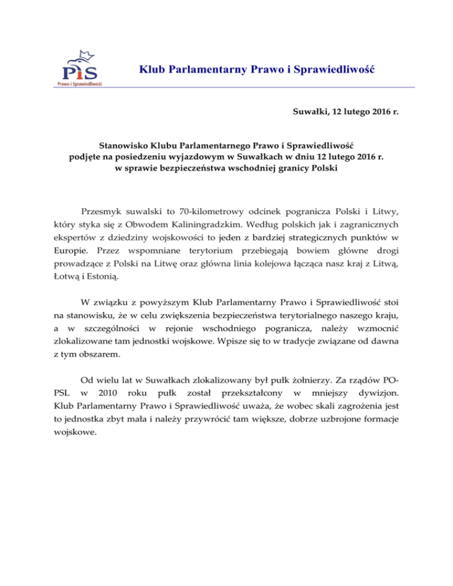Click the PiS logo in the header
83,70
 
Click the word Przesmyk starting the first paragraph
102,211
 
